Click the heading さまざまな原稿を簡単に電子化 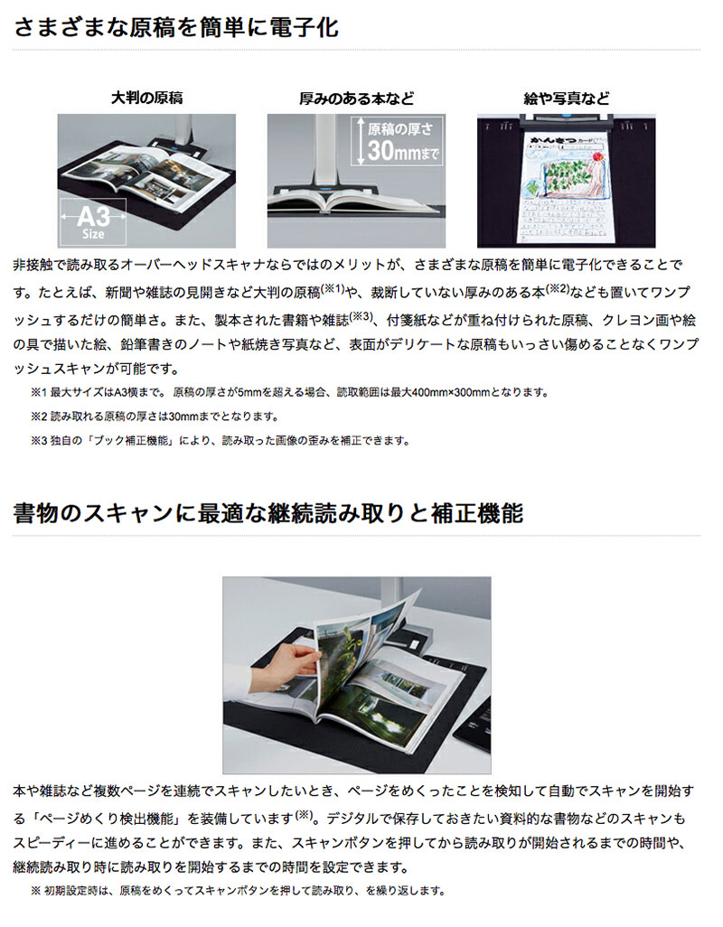tap(176, 28)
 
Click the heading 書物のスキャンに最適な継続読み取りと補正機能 tap(268, 512)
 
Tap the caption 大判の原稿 tap(146, 98)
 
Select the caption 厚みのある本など tap(356, 98)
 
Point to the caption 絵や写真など tap(567, 98)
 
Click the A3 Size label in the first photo tap(93, 222)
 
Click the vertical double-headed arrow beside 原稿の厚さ tap(358, 141)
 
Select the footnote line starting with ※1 tap(290, 392)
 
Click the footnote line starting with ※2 tap(155, 417)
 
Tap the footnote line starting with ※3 tap(220, 440)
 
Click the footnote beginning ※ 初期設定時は tap(238, 890)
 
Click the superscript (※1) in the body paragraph tap(333, 288)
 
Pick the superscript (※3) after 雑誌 tap(361, 316)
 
